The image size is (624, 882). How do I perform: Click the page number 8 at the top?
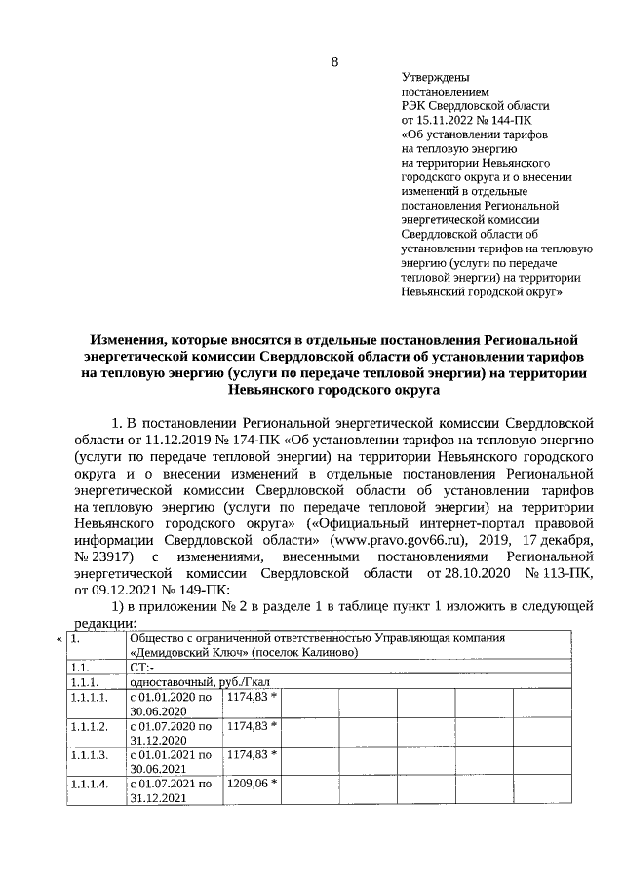334,62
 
